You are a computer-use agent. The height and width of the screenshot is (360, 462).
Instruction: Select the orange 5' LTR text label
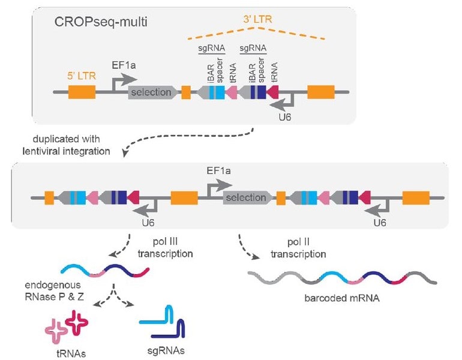pyautogui.click(x=82, y=77)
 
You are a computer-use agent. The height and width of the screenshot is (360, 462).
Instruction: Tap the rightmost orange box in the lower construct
pyautogui.click(x=415, y=198)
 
